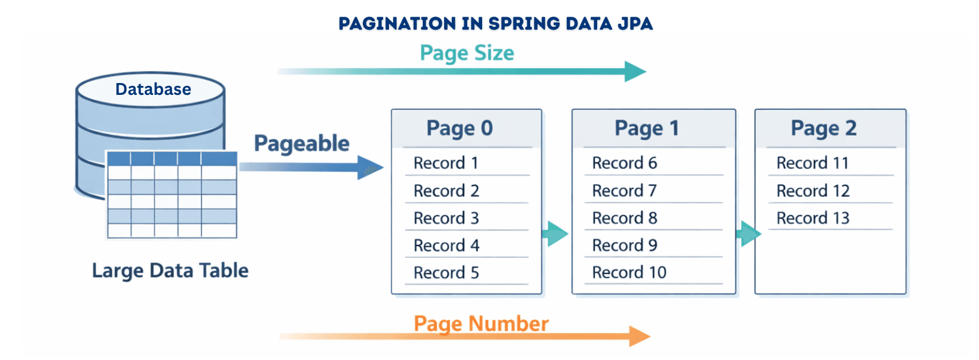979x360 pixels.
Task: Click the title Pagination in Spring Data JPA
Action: tap(495, 23)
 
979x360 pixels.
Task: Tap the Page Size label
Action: tap(467, 53)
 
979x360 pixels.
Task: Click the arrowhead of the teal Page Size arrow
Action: tap(635, 71)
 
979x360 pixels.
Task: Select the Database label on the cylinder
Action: tap(153, 89)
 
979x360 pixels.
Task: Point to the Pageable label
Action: tap(301, 144)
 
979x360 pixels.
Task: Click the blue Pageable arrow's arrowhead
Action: tap(370, 167)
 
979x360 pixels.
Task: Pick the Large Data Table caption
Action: tap(170, 270)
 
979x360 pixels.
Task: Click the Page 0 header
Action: tap(460, 128)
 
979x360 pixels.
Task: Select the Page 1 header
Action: tap(646, 128)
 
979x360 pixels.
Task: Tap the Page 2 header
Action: tap(824, 128)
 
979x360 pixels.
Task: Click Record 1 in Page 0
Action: tap(446, 163)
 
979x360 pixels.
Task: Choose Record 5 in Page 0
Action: tap(446, 273)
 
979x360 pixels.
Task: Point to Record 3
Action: tap(446, 218)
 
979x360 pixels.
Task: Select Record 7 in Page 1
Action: tap(624, 191)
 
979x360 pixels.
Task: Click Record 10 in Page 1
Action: tap(629, 273)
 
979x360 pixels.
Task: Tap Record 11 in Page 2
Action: tap(812, 163)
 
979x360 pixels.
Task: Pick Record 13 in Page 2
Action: tap(813, 218)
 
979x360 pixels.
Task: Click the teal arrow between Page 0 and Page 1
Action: tap(556, 234)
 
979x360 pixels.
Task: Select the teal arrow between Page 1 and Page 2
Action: tap(748, 234)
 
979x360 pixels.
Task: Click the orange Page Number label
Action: tap(481, 324)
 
